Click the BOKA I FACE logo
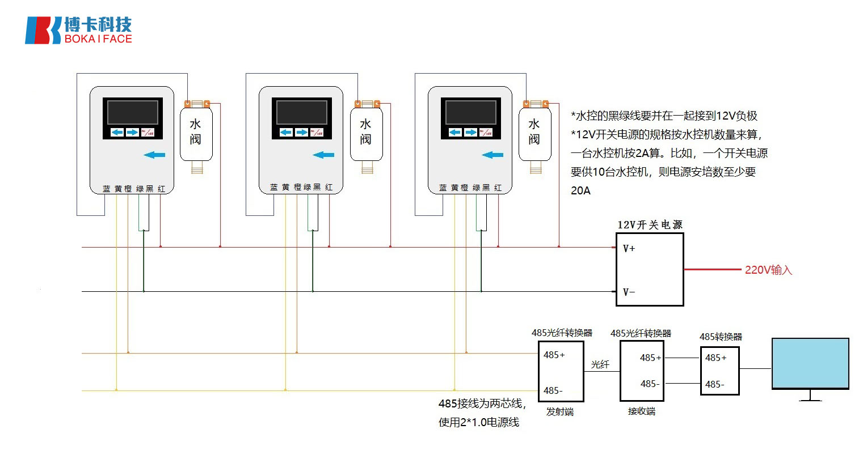[78, 30]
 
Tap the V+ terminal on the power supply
[629, 248]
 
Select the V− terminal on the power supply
[629, 292]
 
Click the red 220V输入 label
[768, 270]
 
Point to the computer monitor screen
[810, 363]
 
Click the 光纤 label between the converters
[600, 364]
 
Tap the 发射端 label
[559, 411]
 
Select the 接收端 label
[642, 411]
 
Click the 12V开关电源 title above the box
[650, 225]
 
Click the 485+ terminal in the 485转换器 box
[715, 358]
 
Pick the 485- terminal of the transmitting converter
[553, 390]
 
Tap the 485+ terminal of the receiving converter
[650, 358]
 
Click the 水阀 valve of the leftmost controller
[196, 133]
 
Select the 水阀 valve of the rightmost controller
[534, 133]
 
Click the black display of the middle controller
[301, 112]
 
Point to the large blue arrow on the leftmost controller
[154, 155]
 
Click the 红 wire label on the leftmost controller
[162, 189]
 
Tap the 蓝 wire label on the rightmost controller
[443, 188]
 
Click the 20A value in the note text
[580, 191]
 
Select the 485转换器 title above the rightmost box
[721, 337]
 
